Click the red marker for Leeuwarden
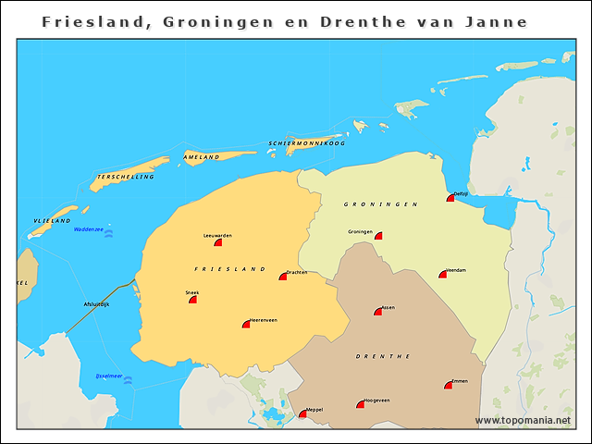click(x=218, y=242)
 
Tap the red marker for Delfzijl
click(x=450, y=197)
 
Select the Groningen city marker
click(x=377, y=236)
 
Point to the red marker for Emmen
click(x=449, y=385)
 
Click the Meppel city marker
click(x=302, y=413)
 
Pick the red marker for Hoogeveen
click(x=361, y=404)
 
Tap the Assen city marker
click(x=378, y=311)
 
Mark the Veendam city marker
click(x=443, y=274)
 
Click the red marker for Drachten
click(x=283, y=276)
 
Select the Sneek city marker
click(x=193, y=299)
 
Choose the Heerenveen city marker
click(x=246, y=324)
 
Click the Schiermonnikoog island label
click(x=306, y=143)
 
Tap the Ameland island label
click(x=202, y=157)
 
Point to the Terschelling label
click(x=125, y=176)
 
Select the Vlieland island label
click(x=52, y=221)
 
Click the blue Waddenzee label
click(x=89, y=228)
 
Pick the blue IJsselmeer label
click(x=109, y=376)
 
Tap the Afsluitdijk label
click(x=96, y=303)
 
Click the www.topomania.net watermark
click(x=523, y=420)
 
